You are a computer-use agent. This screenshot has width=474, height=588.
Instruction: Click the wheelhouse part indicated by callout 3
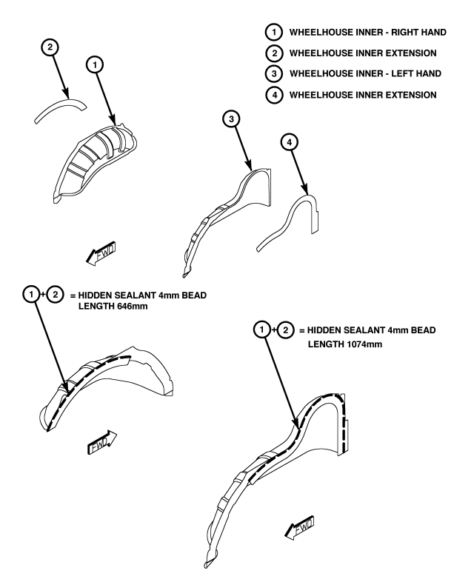pos(222,215)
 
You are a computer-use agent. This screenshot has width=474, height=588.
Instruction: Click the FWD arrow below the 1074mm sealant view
pos(300,528)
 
